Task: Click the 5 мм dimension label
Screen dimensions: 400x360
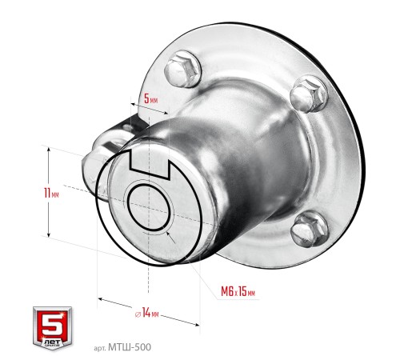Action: coord(150,98)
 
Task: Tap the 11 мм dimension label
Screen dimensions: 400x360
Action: coord(51,193)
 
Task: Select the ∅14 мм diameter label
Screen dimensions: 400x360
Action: coord(147,313)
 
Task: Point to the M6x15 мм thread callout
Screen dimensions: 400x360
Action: coord(238,291)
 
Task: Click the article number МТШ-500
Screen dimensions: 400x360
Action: coord(130,347)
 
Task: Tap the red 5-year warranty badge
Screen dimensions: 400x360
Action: coord(53,328)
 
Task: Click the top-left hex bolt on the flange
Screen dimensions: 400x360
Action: coord(182,69)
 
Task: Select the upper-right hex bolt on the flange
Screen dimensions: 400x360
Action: coord(309,94)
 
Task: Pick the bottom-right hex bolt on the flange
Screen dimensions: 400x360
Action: coord(310,229)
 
